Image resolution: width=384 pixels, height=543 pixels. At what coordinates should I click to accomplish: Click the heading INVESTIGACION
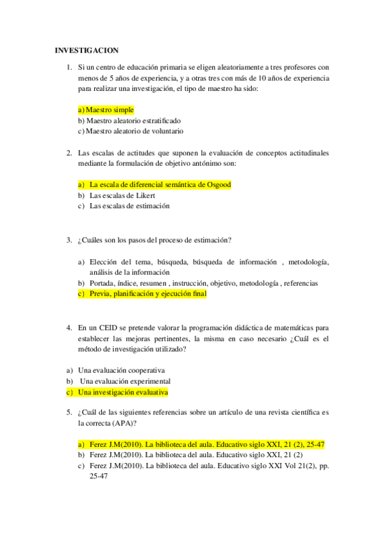(x=87, y=50)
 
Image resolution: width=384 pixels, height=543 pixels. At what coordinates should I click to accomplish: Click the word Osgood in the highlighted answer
(x=217, y=184)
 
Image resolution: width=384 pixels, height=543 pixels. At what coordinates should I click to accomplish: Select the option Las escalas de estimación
(x=129, y=206)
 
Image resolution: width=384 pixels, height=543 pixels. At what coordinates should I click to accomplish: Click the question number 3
(x=69, y=240)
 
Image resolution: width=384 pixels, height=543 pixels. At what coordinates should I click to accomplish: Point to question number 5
(x=69, y=413)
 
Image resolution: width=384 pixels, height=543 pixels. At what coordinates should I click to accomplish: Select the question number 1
(x=69, y=67)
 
